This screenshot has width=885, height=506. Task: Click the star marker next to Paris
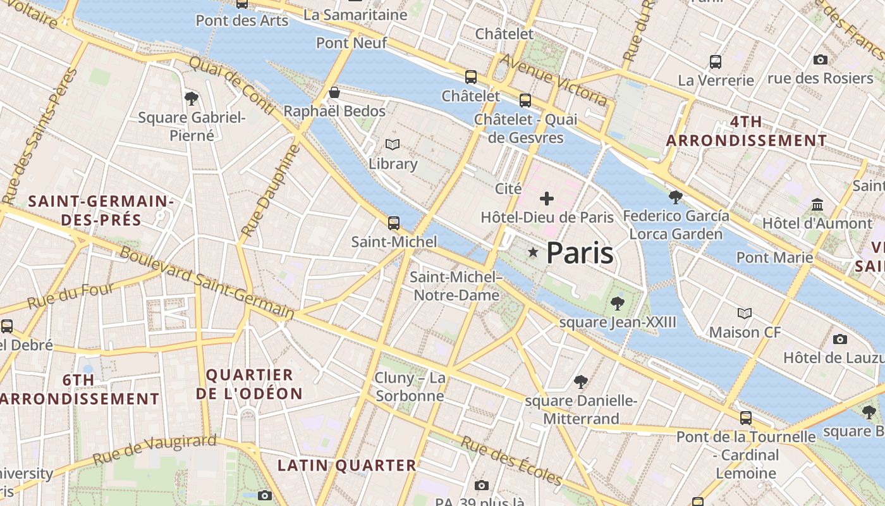click(533, 253)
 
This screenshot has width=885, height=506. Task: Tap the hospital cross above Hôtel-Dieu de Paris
click(547, 199)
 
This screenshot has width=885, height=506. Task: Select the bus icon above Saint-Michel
click(394, 223)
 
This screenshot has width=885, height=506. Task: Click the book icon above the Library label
click(393, 145)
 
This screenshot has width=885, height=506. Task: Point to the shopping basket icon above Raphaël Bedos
click(334, 93)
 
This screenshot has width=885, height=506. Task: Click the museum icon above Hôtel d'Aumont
click(817, 204)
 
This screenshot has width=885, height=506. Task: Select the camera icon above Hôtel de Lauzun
click(840, 339)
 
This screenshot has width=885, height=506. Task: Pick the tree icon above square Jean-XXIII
click(618, 304)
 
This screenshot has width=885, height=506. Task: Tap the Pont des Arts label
click(242, 20)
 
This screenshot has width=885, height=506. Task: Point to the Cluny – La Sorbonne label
click(410, 387)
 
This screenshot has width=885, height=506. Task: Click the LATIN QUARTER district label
click(347, 466)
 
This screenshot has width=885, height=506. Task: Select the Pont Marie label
click(774, 257)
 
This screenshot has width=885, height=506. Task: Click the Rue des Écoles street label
click(511, 460)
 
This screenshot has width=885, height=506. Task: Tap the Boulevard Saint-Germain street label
click(207, 282)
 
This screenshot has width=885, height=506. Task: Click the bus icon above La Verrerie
click(716, 62)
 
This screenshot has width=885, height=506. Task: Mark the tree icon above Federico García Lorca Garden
click(676, 197)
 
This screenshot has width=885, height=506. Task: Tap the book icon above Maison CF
click(745, 313)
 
